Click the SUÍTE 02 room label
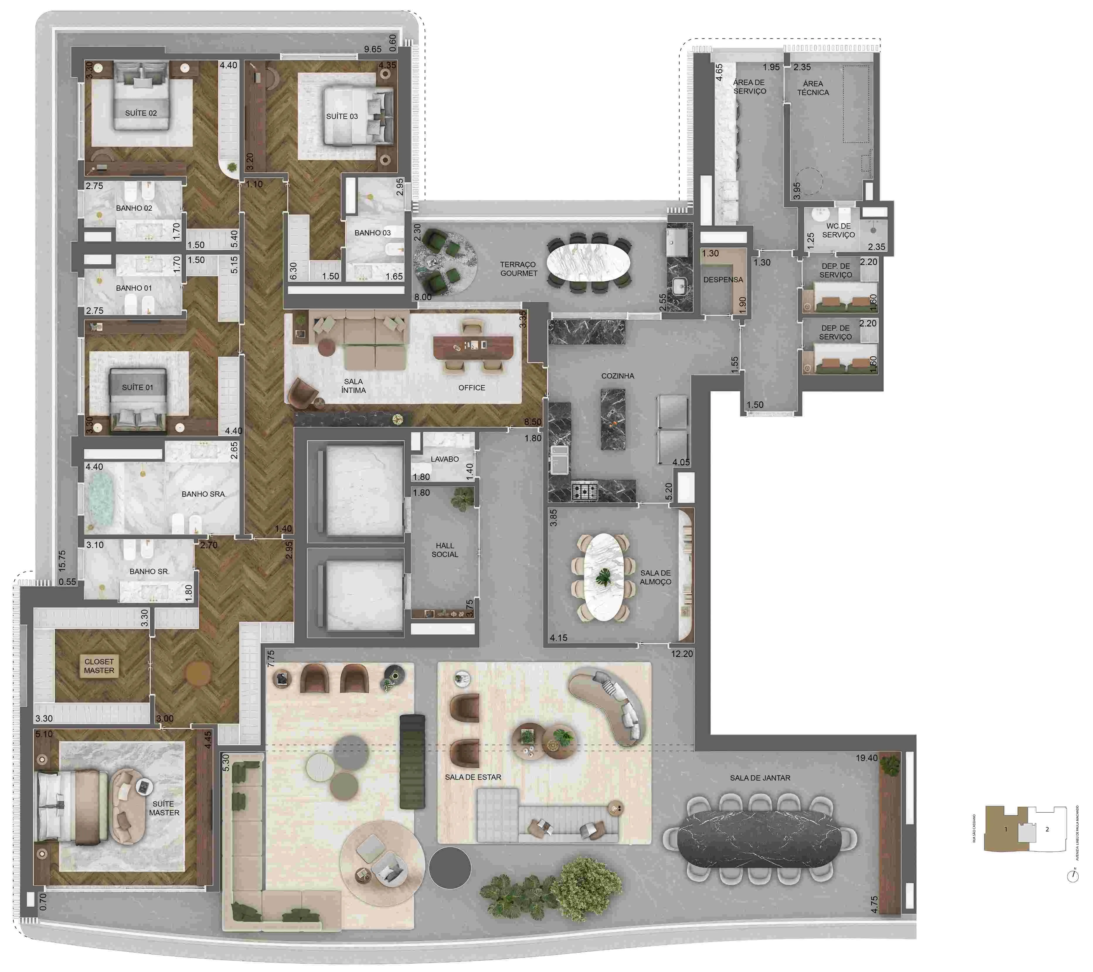point(141,113)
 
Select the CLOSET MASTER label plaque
point(99,666)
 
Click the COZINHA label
point(618,376)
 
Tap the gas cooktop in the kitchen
point(584,490)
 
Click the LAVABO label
point(444,459)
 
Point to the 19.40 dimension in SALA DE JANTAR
point(866,757)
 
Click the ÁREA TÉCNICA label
point(813,88)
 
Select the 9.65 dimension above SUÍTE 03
point(373,49)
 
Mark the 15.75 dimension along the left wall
point(62,560)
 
